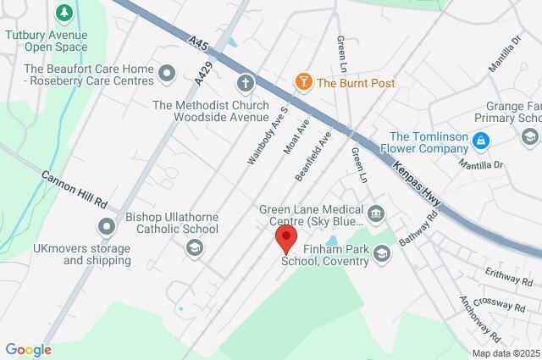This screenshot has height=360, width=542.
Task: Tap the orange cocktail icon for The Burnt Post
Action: click(x=302, y=82)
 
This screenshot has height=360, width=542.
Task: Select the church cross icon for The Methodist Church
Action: click(x=246, y=83)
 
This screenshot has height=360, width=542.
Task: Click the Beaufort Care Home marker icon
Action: click(x=167, y=75)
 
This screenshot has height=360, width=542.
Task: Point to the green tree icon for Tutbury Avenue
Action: click(x=63, y=14)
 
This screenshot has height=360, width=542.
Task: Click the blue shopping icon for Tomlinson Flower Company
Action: click(x=480, y=138)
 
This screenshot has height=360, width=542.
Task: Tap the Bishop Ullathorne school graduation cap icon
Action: click(x=194, y=246)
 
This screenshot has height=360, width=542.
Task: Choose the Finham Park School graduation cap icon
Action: click(x=383, y=252)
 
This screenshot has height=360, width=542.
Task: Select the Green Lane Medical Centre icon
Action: click(x=377, y=211)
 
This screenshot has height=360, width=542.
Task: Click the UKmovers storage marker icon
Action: click(x=106, y=226)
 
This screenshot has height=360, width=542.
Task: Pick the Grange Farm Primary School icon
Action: click(x=530, y=136)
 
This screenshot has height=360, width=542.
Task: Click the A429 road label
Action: click(x=200, y=75)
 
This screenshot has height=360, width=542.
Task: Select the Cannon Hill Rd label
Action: click(x=75, y=190)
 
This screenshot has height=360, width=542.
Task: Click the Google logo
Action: click(x=28, y=350)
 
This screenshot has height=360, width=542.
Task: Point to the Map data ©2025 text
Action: click(x=505, y=353)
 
